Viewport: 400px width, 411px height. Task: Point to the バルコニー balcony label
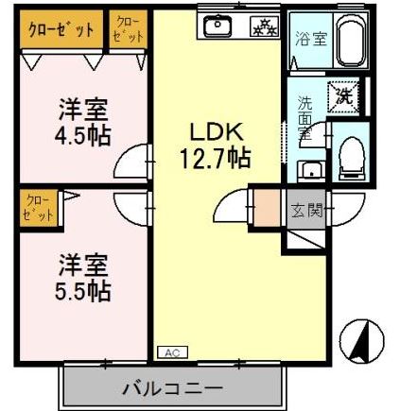click(x=171, y=387)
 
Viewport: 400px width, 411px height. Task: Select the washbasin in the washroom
click(x=311, y=169)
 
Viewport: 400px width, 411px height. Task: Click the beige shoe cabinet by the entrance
click(x=270, y=208)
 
